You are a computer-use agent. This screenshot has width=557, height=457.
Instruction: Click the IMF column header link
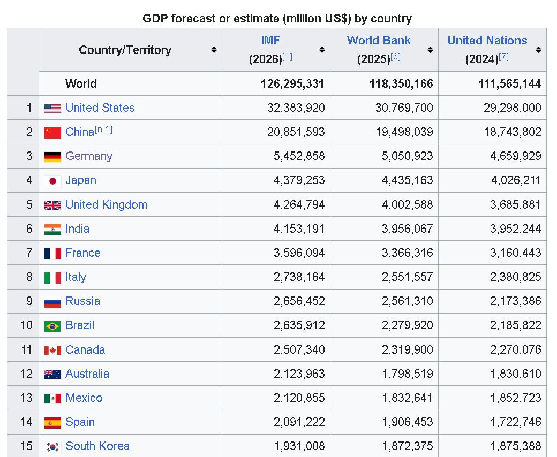pos(270,41)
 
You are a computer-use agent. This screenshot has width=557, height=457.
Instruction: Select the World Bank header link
pos(379,41)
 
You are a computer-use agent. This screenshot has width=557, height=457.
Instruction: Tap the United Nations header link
pos(487,41)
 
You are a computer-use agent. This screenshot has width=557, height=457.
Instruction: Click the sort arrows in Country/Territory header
pos(214,50)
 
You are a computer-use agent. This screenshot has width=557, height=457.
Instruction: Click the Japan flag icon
pos(52,181)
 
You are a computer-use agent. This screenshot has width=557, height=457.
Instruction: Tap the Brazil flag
pos(52,326)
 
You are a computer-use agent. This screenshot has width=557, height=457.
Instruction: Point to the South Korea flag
pos(52,447)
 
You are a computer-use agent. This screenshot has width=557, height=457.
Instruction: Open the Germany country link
pos(89,156)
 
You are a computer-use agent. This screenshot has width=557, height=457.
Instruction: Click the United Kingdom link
pos(107,205)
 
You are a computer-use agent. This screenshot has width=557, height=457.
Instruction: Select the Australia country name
pos(87,374)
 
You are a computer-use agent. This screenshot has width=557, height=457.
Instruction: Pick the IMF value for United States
pos(296,108)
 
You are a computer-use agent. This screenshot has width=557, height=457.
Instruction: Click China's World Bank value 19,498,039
pos(404,132)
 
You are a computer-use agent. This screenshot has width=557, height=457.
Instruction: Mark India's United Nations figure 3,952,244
pos(515,229)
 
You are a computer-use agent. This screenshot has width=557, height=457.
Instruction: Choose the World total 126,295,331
pos(292,83)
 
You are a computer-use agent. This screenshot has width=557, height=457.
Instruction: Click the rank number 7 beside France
pos(29,253)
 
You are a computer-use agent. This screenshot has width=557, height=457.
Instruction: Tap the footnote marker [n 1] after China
pos(104,130)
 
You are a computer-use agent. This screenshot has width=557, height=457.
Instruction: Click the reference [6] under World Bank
pos(395,56)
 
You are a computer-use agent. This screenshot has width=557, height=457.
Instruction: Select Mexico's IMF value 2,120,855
pos(299,398)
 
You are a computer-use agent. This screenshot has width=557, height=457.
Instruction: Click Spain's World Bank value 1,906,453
pos(408,422)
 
